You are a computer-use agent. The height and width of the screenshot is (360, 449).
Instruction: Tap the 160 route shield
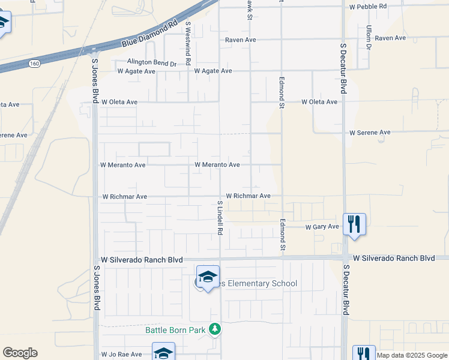pos(34,62)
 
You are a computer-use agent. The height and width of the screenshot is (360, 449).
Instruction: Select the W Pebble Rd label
pos(367,6)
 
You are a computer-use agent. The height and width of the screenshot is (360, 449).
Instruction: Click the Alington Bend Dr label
pos(152,62)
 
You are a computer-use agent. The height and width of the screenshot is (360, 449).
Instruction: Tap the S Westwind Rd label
pos(188,43)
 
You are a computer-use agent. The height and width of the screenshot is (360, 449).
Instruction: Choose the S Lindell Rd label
pos(220,218)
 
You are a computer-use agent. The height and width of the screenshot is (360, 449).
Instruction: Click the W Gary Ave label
pos(322,227)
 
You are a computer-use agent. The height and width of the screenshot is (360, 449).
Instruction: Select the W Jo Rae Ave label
pos(121,355)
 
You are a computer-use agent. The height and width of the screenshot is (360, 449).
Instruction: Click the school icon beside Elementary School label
pos(208,277)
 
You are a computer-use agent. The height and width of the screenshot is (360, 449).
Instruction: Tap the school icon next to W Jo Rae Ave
pos(163,353)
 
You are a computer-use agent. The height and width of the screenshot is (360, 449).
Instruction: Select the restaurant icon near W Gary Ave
pos(354,224)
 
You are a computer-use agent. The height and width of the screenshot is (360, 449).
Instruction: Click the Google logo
pos(20,353)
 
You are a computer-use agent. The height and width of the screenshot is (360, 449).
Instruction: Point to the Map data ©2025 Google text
pos(412,355)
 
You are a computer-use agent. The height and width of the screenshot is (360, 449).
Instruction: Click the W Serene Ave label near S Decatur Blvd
pos(370,132)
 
